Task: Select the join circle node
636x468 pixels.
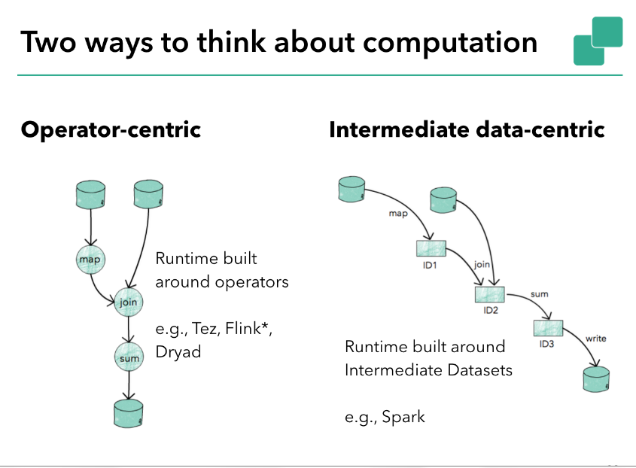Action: (127, 302)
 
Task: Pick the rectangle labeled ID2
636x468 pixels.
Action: (490, 294)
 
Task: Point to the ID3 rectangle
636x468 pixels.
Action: (548, 329)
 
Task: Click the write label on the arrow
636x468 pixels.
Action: (595, 339)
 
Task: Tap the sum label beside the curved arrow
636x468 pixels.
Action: (539, 294)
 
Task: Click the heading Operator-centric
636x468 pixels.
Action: (111, 130)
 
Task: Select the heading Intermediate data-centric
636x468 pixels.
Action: (467, 130)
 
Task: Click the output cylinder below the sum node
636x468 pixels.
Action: (128, 411)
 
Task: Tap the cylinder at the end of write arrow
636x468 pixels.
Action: (595, 378)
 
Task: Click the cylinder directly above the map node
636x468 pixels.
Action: (90, 196)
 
